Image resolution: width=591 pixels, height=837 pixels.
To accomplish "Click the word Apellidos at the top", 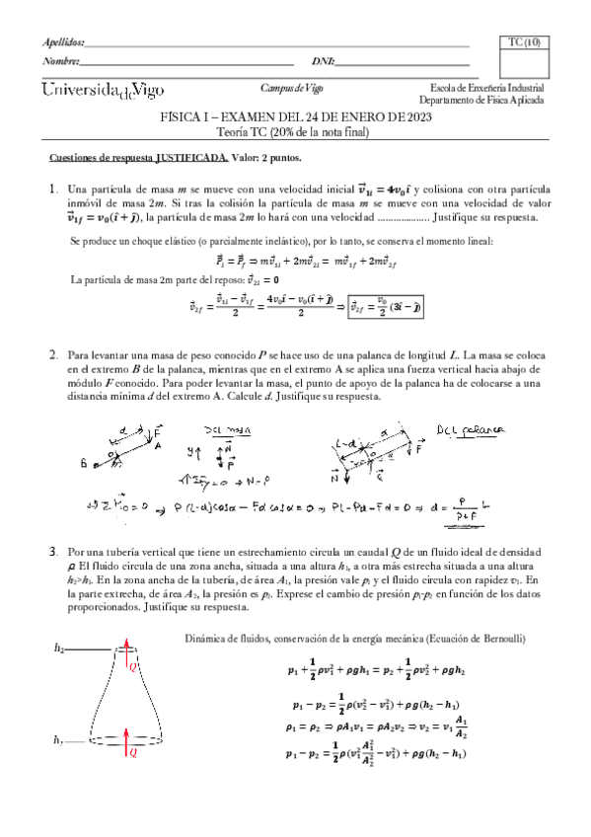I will pyautogui.click(x=64, y=42).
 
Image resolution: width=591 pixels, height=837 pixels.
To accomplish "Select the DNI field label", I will pyautogui.click(x=323, y=61).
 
